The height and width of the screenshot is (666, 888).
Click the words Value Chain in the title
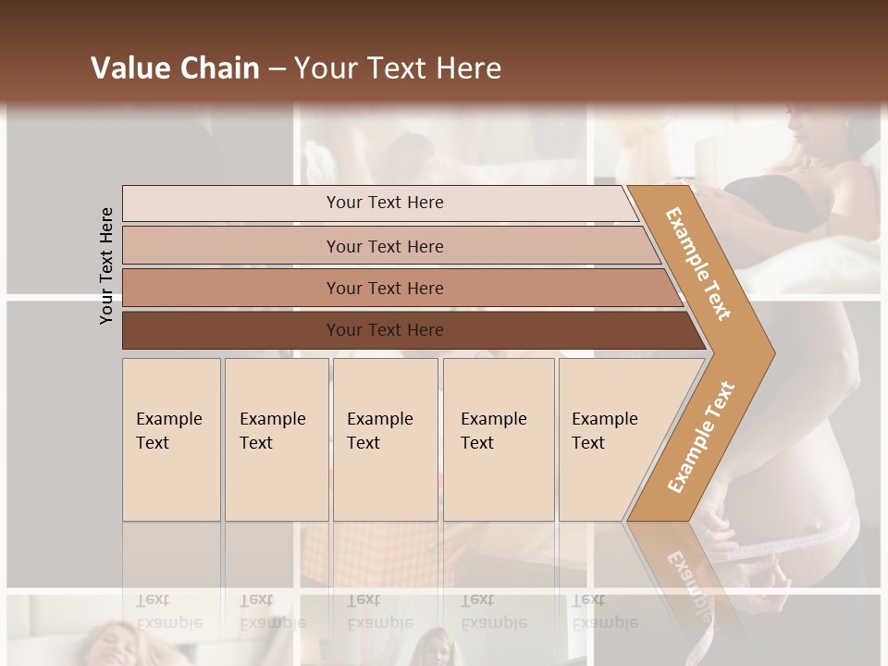(x=175, y=68)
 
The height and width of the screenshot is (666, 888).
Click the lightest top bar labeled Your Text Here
(x=384, y=203)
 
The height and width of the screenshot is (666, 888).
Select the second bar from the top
(x=384, y=246)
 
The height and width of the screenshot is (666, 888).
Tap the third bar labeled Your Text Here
(x=384, y=288)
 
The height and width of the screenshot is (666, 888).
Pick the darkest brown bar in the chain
(x=384, y=330)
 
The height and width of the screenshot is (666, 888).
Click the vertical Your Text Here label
(x=106, y=265)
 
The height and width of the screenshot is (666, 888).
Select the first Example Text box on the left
(x=171, y=439)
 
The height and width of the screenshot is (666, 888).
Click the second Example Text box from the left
(x=276, y=439)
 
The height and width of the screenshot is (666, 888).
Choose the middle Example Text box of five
(x=385, y=439)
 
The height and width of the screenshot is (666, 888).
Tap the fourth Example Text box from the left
(x=498, y=439)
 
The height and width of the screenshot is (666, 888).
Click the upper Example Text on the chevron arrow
(x=698, y=264)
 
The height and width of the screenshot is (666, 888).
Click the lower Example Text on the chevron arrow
(x=701, y=437)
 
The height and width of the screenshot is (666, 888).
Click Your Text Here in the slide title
(x=398, y=68)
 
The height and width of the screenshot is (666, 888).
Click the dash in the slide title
(x=277, y=68)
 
